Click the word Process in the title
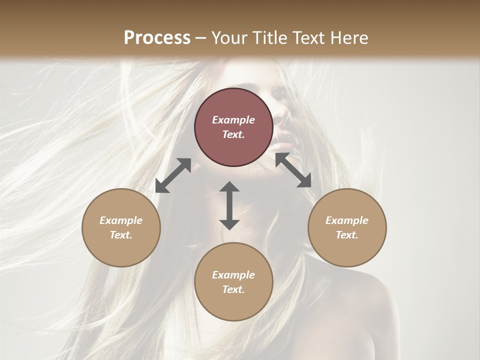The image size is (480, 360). [x=157, y=38]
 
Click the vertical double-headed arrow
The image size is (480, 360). [x=229, y=205]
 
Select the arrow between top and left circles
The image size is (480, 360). [x=173, y=175]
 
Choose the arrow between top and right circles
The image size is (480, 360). [x=293, y=170]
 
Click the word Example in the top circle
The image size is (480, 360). [x=233, y=120]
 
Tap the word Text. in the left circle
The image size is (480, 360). [x=121, y=235]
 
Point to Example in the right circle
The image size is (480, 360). [x=347, y=220]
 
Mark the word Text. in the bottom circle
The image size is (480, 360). [x=233, y=289]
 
